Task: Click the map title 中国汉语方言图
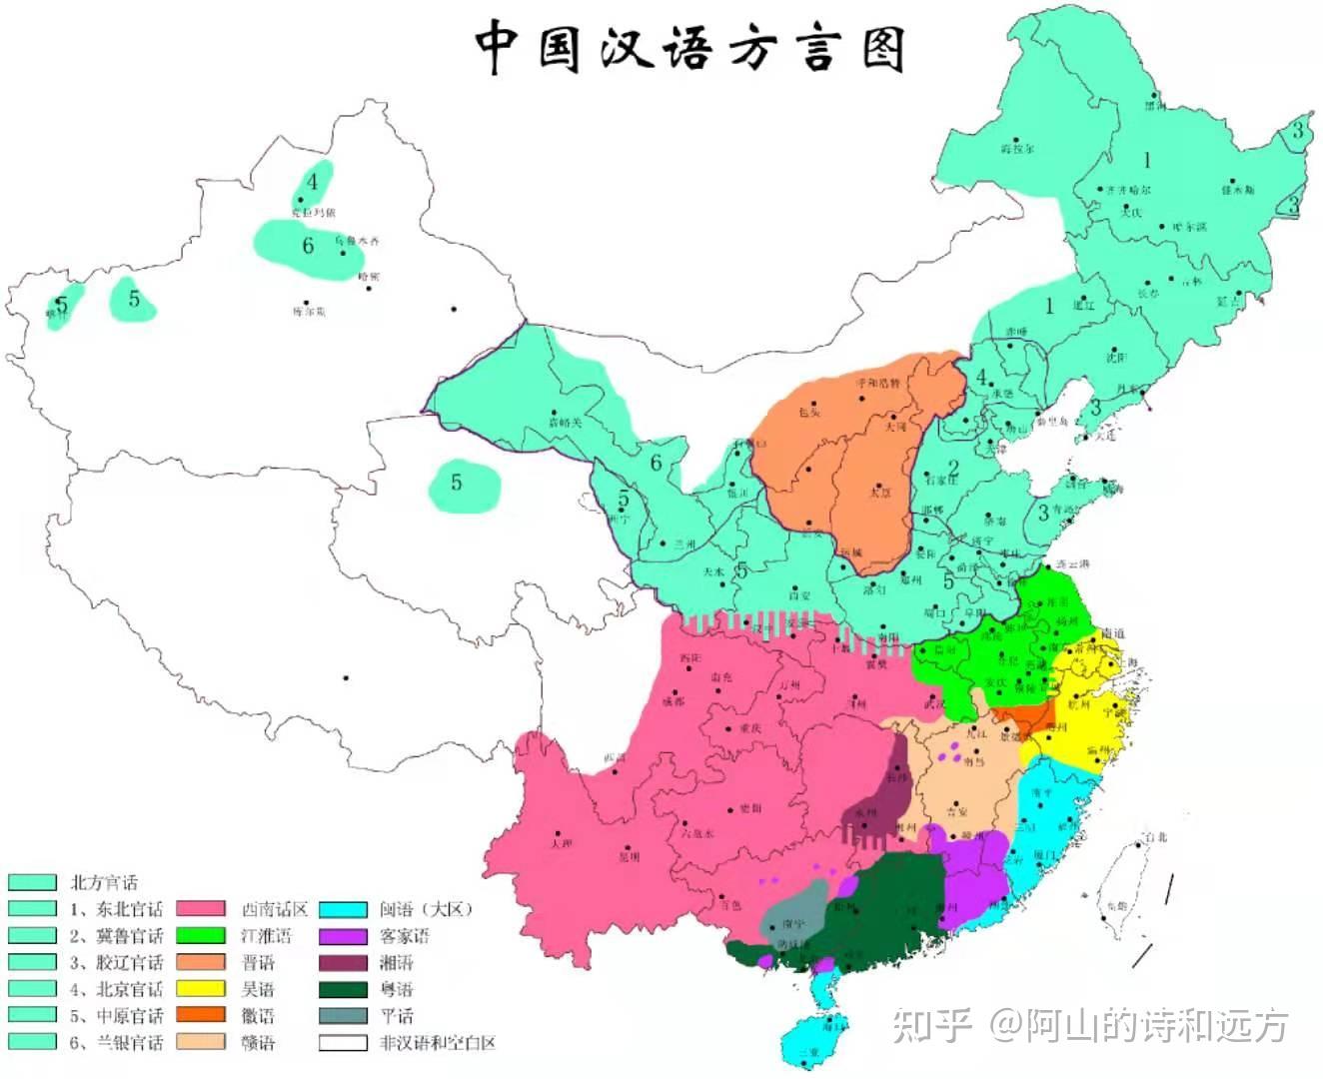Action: tap(689, 47)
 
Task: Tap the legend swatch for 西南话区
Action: tap(200, 909)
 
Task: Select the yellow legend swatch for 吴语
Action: tap(200, 989)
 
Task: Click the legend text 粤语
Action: tap(396, 989)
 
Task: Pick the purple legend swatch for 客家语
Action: tap(343, 936)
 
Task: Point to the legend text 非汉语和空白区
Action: tap(438, 1043)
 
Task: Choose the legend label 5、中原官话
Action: tap(116, 1016)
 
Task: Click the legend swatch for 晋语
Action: tap(200, 962)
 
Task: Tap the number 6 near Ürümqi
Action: tap(308, 246)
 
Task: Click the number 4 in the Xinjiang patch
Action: tap(313, 182)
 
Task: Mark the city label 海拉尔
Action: tap(1017, 149)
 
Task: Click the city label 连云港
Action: tap(1073, 564)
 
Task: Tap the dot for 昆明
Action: tap(621, 845)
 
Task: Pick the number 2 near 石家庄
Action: tap(953, 467)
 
